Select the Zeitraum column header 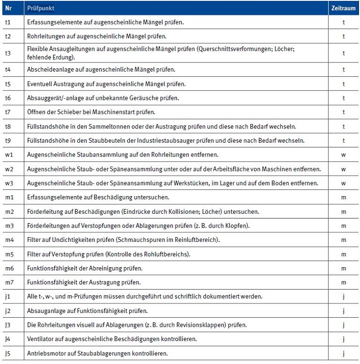coord(343,9)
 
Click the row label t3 coord(8,53)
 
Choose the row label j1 coord(8,297)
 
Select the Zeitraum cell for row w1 coord(343,156)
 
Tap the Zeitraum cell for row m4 coord(343,239)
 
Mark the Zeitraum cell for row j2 coord(343,311)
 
